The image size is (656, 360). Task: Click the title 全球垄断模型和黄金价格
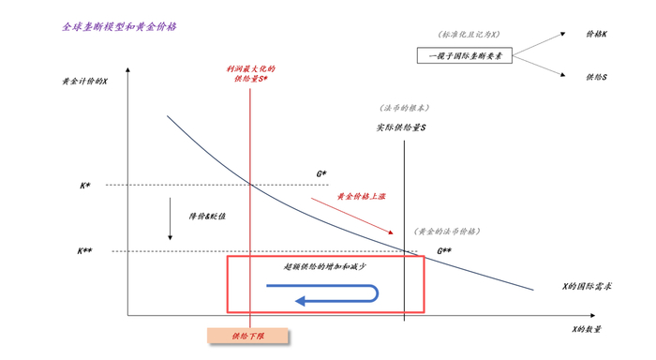120,27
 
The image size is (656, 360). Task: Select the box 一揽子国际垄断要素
465,56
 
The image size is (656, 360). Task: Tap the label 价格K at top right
596,35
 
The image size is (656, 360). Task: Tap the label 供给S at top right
596,77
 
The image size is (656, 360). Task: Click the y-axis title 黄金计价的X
84,82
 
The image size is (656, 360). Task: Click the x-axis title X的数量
588,329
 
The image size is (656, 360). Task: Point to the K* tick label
85,186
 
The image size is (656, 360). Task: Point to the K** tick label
84,251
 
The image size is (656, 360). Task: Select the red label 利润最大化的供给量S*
250,74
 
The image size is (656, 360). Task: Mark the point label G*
321,174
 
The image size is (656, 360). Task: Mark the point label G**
444,251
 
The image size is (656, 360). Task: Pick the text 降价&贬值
208,217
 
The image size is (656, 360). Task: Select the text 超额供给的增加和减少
324,266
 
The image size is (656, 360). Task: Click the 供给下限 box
247,335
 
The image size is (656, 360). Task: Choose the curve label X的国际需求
587,286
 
